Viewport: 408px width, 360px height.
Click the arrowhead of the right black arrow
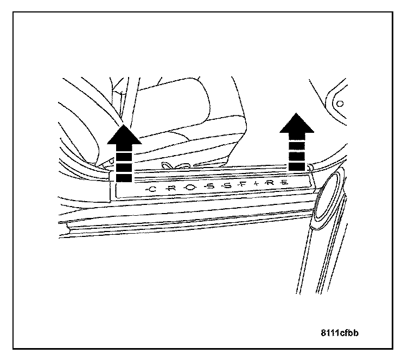pos(297,124)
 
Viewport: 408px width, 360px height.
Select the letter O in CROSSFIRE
pos(189,188)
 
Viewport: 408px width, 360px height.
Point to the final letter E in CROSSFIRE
pos(284,184)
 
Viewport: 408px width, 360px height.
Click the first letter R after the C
pos(171,189)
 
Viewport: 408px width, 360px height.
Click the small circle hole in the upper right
pos(340,103)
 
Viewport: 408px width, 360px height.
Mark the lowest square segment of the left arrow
pos(124,177)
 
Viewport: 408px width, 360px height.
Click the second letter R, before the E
pos(270,184)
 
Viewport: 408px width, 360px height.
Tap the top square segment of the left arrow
pos(124,149)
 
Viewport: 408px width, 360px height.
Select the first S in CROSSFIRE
pos(209,188)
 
